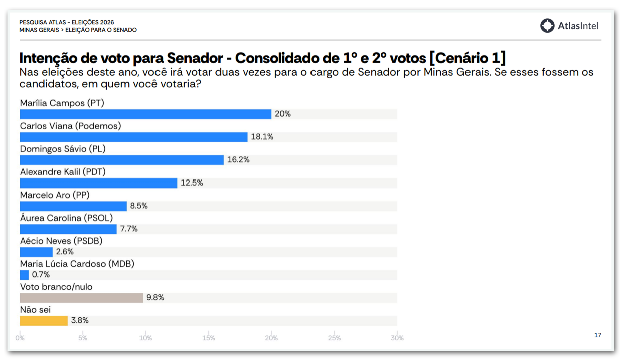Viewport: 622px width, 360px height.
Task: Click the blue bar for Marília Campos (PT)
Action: pos(145,114)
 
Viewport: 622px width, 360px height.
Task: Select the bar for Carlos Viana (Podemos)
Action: pos(133,137)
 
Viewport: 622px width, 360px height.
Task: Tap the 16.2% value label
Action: pos(238,160)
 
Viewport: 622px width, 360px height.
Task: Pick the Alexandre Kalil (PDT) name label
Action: pos(63,172)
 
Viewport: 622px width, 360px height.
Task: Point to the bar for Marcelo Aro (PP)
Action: pos(73,206)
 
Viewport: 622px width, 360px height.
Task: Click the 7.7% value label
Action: pos(129,229)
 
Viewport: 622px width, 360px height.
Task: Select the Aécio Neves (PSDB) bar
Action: pos(36,252)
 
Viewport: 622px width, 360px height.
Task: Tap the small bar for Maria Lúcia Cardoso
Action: pos(24,275)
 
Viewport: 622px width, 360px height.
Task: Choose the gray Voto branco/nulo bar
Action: pos(81,298)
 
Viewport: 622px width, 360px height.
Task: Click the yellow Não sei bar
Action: pos(44,321)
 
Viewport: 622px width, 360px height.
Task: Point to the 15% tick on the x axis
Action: pos(209,338)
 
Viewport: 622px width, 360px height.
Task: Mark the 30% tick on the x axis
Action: pos(397,338)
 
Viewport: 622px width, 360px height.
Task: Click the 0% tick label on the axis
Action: pos(20,338)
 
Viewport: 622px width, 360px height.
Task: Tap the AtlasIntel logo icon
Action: pos(547,26)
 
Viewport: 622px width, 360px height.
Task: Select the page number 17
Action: pos(597,335)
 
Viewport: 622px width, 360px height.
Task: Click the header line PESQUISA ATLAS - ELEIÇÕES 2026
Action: pos(67,22)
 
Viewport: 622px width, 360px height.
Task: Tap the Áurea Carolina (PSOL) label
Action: pos(66,218)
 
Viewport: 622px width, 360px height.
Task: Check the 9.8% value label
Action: pos(155,298)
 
